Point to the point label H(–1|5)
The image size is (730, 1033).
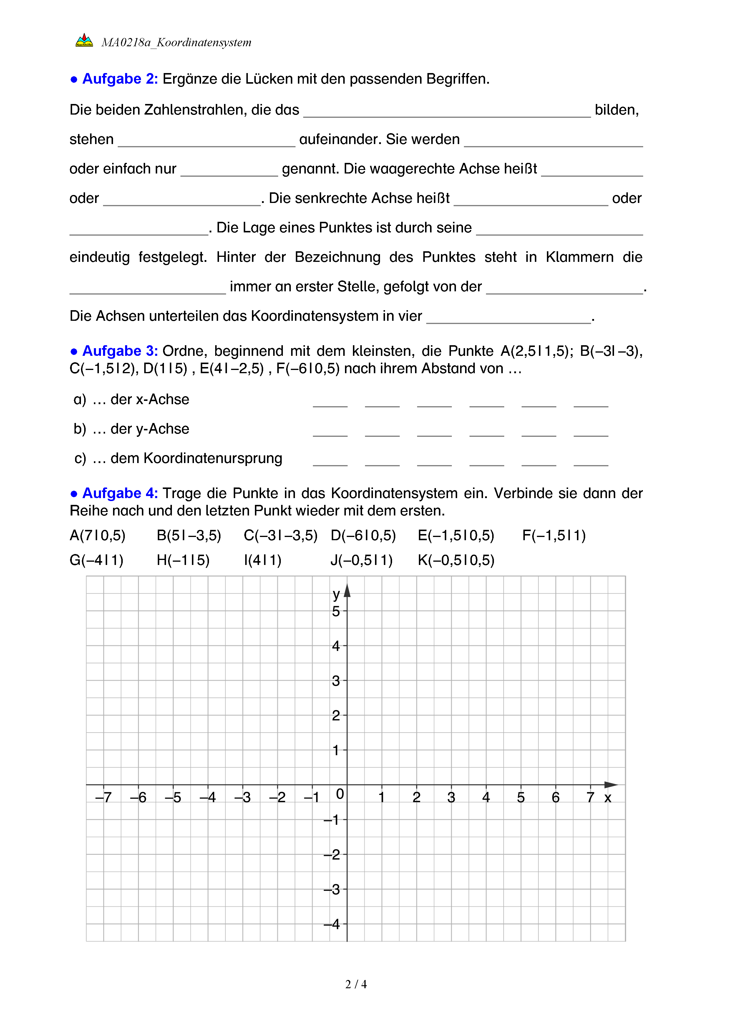[183, 560]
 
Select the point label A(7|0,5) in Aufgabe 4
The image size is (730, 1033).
[97, 535]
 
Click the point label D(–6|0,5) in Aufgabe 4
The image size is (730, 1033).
[363, 535]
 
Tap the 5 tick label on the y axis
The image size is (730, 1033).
[336, 611]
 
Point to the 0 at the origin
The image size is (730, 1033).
[340, 794]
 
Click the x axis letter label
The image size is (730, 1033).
[608, 798]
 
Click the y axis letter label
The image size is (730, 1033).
[336, 594]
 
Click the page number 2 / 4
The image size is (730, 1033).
[356, 984]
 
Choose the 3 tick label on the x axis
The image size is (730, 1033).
[451, 798]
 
